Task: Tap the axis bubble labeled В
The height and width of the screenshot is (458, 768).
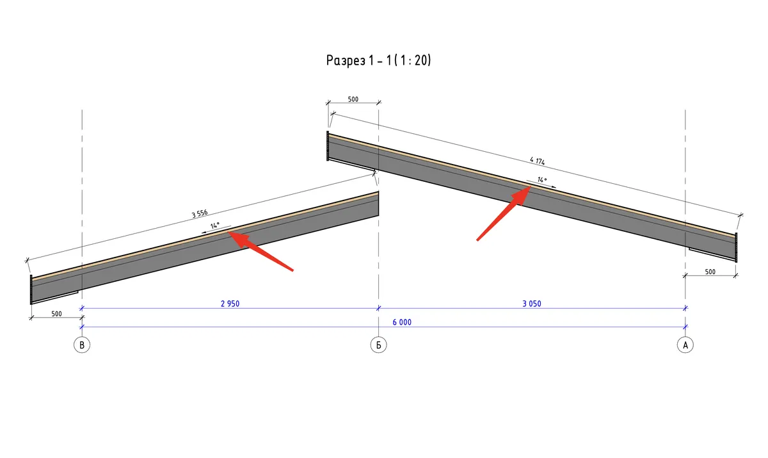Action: [82, 345]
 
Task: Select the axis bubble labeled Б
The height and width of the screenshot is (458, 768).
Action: [378, 345]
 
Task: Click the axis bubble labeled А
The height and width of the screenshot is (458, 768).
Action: [685, 345]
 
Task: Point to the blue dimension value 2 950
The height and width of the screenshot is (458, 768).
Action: [230, 304]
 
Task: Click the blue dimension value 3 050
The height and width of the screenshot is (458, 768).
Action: [532, 304]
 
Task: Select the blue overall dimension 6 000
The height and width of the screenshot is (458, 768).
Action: [402, 322]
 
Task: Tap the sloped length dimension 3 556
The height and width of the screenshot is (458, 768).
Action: [200, 214]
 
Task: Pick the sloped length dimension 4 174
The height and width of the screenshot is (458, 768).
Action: [537, 161]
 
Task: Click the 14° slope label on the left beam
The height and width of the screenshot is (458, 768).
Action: [215, 225]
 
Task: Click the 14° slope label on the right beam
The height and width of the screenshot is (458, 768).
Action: [542, 179]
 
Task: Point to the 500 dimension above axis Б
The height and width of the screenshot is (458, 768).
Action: [353, 99]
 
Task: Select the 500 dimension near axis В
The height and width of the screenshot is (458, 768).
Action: [56, 314]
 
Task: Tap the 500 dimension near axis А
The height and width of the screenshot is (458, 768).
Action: [710, 272]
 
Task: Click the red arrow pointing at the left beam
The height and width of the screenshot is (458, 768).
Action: [260, 251]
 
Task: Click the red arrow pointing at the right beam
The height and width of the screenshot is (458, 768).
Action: [504, 213]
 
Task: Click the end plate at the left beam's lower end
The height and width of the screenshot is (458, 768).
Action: [31, 290]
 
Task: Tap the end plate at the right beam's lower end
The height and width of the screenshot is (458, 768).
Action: [736, 247]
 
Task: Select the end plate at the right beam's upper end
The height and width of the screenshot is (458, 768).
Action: [328, 146]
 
